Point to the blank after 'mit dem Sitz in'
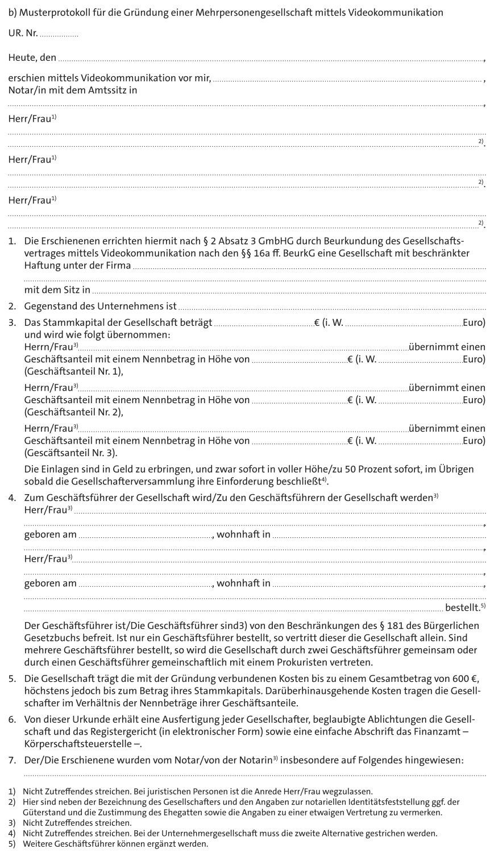click(x=290, y=291)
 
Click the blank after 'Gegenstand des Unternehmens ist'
click(x=333, y=307)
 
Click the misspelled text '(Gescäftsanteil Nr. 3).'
click(x=72, y=453)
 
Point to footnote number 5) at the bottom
click(x=12, y=843)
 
